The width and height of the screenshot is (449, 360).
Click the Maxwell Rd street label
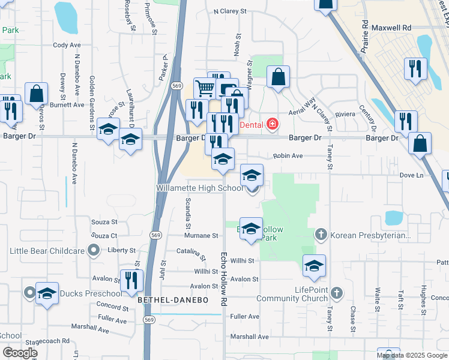coord(391,28)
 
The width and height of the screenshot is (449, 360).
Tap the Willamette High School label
coord(199,188)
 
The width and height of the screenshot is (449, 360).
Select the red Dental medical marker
coord(273,124)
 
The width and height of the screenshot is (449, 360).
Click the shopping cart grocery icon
coord(205,89)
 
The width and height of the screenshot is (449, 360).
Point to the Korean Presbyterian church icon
coord(321,234)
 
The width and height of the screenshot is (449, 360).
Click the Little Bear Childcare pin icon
coord(93,250)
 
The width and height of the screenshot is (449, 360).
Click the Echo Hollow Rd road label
coord(225,276)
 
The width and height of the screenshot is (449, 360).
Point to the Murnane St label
coord(201,236)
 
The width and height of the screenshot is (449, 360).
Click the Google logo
coord(20,352)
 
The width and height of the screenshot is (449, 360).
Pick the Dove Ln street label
coord(411,175)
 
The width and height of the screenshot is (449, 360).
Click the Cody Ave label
coord(67,45)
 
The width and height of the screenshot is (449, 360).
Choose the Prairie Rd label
coord(364,38)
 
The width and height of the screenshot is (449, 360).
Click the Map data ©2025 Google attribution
coord(411,355)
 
